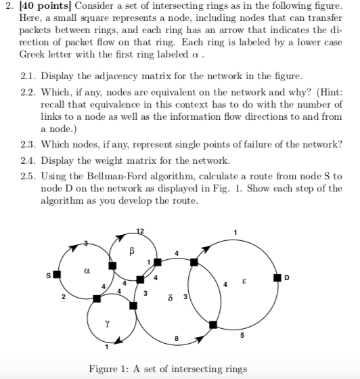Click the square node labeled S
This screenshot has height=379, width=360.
click(57, 275)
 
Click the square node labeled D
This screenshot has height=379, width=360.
click(277, 277)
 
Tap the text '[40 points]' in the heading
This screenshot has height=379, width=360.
click(42, 7)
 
